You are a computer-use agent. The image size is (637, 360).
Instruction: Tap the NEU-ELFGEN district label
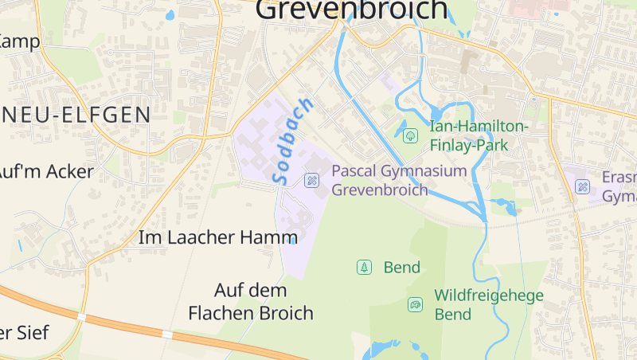[76, 115]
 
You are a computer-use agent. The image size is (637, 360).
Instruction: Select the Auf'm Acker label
[46, 171]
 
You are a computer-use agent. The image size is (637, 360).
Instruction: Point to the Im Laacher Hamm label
[217, 237]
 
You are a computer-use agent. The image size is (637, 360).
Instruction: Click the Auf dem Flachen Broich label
[251, 301]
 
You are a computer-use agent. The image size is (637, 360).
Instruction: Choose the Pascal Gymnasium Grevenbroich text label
[398, 180]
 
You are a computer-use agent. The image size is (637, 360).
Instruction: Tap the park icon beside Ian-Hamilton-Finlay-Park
[410, 135]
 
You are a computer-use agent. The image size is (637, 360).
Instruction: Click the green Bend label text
[401, 268]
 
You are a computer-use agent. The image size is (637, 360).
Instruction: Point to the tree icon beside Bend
[364, 268]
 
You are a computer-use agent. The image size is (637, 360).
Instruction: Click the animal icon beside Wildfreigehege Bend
[415, 304]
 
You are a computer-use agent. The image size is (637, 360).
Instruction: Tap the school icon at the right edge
[583, 186]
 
